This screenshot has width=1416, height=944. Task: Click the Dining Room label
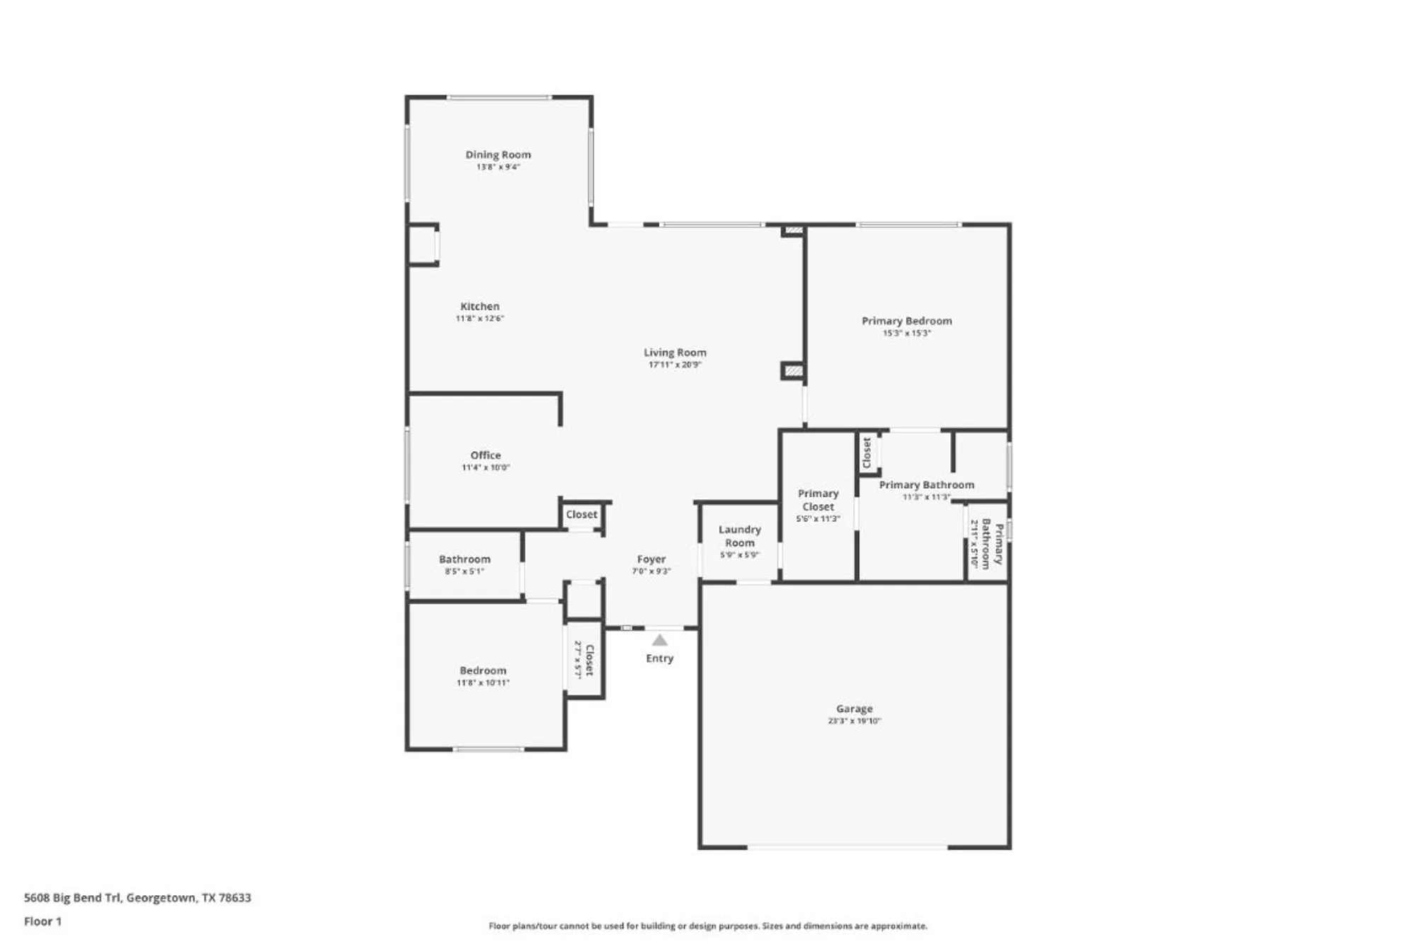(x=498, y=154)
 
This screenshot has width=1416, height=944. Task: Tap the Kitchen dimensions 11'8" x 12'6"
(x=479, y=319)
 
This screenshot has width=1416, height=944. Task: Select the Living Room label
(x=675, y=352)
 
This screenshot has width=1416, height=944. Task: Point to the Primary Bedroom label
(x=906, y=321)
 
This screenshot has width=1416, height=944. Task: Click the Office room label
(x=486, y=455)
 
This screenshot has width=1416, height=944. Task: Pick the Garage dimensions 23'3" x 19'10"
(x=854, y=721)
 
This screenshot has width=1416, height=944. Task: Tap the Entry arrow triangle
(x=659, y=641)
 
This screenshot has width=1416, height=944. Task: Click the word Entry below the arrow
(x=659, y=659)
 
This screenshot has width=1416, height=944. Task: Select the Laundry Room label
(x=739, y=536)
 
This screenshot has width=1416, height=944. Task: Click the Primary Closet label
(x=818, y=500)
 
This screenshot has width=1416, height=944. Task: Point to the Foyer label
(x=651, y=559)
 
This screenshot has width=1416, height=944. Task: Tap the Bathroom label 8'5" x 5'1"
(x=464, y=559)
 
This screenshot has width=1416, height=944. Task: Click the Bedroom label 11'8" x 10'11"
(x=483, y=671)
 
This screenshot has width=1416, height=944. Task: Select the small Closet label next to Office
(x=581, y=515)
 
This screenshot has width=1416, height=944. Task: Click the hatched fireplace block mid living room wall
(x=793, y=370)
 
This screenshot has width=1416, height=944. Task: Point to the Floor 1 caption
(x=42, y=921)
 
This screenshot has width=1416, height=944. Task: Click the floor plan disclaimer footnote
(x=708, y=926)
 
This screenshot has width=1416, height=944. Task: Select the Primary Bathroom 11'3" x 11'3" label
(x=926, y=485)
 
